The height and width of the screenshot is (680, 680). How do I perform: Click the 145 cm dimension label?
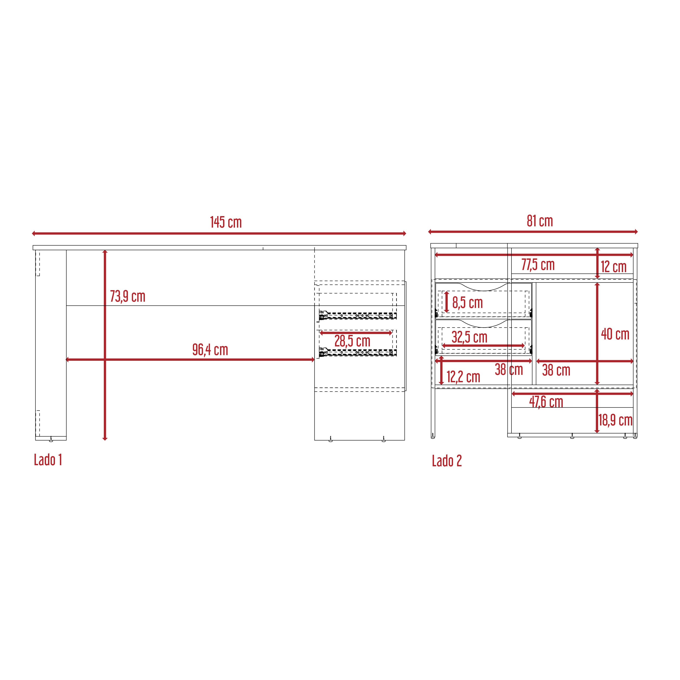226,222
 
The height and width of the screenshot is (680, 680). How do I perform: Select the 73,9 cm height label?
127,296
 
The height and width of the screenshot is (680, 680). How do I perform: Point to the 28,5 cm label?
352,341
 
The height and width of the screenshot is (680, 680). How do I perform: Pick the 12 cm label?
614,267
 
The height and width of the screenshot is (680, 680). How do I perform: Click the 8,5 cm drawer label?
467,303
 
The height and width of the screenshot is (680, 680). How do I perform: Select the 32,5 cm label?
470,337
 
